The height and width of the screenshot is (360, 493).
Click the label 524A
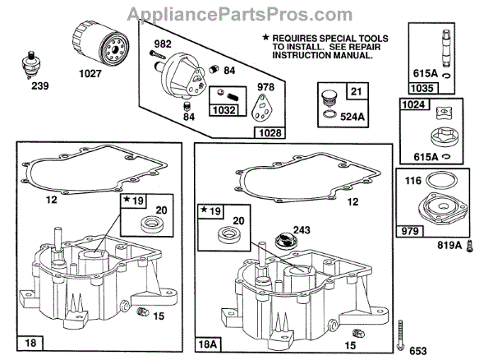(x=355, y=116)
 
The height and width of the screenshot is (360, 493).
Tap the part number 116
(x=414, y=181)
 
